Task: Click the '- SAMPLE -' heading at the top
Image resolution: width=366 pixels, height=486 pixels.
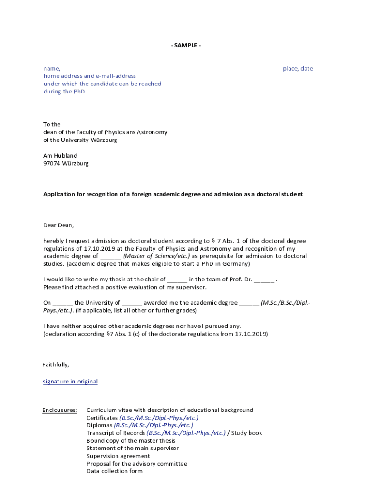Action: click(x=186, y=45)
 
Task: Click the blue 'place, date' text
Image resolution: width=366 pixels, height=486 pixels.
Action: click(x=298, y=68)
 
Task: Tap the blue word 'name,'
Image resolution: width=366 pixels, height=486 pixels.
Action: click(x=52, y=68)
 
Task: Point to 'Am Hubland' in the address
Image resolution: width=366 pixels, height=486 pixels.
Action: click(x=60, y=155)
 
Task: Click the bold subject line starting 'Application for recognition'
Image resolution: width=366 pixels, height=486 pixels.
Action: click(x=173, y=194)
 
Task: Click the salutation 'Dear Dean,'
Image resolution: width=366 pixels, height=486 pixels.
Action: click(x=59, y=225)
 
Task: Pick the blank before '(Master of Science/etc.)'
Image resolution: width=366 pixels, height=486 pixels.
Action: click(x=111, y=256)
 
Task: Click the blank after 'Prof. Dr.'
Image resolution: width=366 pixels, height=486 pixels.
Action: click(x=264, y=280)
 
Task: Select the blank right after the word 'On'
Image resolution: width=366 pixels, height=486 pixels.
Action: click(x=63, y=303)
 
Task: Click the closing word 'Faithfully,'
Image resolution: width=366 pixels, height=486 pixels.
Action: click(x=56, y=364)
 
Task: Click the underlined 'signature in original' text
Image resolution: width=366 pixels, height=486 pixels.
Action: click(x=70, y=382)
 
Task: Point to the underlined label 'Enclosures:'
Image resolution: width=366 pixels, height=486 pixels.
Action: click(x=60, y=410)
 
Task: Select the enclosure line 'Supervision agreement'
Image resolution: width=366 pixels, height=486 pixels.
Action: click(x=118, y=456)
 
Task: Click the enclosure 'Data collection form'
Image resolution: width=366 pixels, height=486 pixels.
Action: click(x=115, y=471)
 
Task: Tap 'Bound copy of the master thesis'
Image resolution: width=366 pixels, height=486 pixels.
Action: click(x=131, y=441)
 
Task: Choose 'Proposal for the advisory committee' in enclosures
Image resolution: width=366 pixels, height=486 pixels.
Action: click(x=137, y=464)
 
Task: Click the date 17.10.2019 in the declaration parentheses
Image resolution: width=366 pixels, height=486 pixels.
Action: click(x=251, y=334)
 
